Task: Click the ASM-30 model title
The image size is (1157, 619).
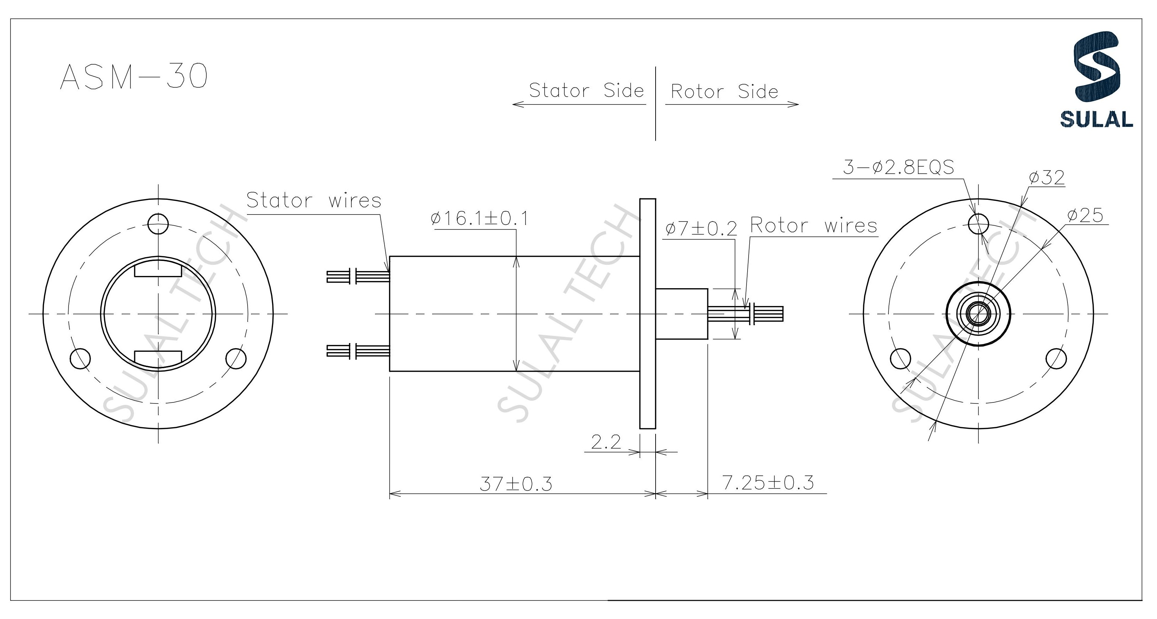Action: coord(134,76)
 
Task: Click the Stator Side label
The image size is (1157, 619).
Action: coord(586,91)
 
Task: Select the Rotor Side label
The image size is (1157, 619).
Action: coord(724,92)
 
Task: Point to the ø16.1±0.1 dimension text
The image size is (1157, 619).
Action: coord(479,219)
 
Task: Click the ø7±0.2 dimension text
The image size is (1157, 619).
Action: coord(701,229)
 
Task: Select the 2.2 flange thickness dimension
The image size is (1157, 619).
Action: coord(606,443)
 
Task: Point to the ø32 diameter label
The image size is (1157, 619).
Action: coord(1047,178)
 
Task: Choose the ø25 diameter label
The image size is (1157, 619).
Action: coord(1085,216)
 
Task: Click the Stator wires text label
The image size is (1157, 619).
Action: coord(314,200)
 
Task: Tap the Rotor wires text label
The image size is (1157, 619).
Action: coord(813,225)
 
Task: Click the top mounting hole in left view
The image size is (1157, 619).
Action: coord(158,224)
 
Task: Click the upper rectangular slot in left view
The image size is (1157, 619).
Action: coord(158,271)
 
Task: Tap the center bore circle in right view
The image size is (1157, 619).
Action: coord(978,313)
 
